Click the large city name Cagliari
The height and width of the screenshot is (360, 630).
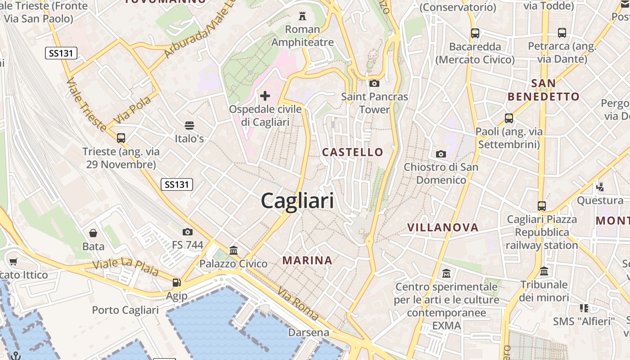297,201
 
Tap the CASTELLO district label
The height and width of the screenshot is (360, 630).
352,152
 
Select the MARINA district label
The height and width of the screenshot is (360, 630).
307,260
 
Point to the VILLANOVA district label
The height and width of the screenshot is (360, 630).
443,227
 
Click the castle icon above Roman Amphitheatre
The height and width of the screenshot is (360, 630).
302,17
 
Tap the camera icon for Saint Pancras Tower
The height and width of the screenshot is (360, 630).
374,83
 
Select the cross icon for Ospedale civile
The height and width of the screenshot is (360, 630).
265,95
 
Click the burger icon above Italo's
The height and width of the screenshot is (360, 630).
189,125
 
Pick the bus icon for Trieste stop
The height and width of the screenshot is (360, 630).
121,138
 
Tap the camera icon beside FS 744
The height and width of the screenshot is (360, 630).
188,232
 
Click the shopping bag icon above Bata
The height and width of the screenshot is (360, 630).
93,233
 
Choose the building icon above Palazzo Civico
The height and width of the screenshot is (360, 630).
234,250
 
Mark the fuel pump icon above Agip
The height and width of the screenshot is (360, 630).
177,283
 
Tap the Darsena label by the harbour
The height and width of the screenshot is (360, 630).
309,333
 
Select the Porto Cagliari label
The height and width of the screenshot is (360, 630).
125,310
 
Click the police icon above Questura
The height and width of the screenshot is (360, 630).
600,186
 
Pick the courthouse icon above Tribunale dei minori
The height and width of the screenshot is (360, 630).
544,271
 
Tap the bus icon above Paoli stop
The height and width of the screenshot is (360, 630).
509,118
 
